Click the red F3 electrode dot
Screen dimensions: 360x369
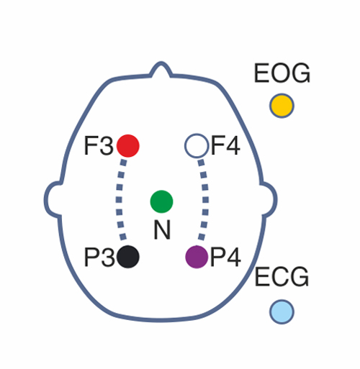128,146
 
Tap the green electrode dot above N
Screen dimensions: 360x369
161,201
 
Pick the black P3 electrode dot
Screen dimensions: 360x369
128,257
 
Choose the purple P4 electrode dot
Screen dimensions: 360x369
197,257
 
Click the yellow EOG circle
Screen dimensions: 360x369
282,106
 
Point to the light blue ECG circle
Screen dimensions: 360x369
282,312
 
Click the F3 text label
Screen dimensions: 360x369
99,146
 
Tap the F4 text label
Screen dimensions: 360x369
225,145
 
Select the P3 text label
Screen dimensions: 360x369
99,257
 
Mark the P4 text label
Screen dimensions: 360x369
225,257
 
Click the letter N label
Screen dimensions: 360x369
162,229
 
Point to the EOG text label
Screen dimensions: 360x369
282,73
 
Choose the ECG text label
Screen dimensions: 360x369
282,277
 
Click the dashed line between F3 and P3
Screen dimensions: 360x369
120,199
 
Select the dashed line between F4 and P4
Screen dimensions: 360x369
205,199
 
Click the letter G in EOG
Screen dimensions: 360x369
300,73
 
